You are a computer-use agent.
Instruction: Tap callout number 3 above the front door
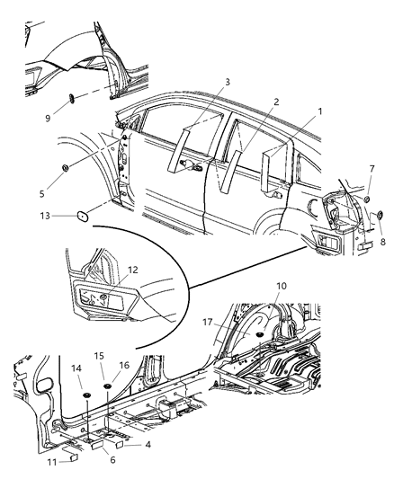228,82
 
